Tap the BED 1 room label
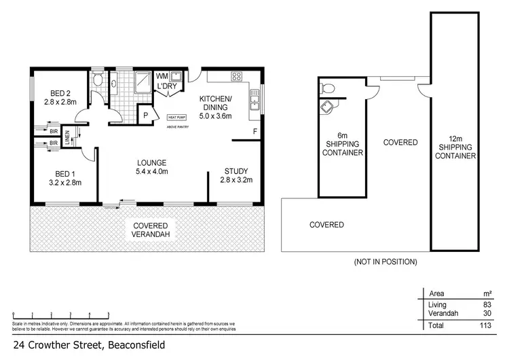pos(67,177)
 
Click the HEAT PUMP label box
pos(178,118)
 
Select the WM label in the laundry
pos(162,75)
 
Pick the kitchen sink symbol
pos(255,102)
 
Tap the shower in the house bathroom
pos(143,82)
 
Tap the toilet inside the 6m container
pos(328,87)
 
